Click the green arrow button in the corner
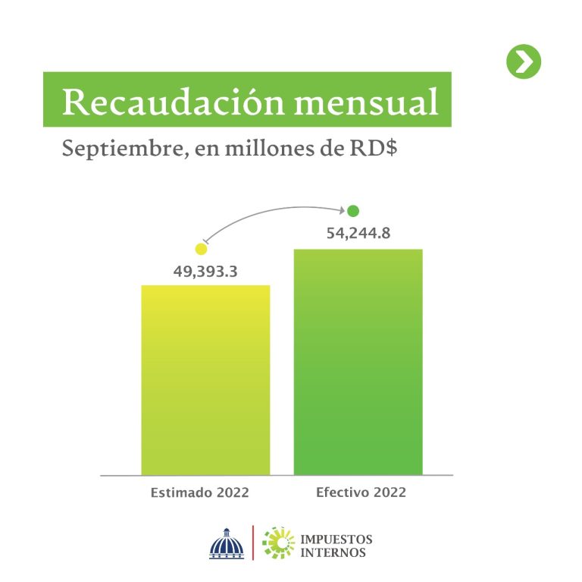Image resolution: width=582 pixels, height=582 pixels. pos(524,61)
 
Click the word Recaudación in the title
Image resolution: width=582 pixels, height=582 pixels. pos(174,102)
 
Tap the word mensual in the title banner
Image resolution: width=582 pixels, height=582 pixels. pos(366,102)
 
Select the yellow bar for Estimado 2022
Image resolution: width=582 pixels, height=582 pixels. pos(205,380)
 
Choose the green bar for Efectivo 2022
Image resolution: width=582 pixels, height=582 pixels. pos(358,362)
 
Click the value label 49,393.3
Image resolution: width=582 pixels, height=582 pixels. pos(205,272)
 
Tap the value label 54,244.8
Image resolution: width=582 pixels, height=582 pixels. pos(358,234)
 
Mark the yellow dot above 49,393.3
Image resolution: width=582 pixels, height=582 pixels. pos(201,249)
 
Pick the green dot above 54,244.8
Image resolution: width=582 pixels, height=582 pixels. pos(353,211)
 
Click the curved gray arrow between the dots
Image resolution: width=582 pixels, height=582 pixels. pos(268,212)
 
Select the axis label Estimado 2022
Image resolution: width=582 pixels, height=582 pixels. pos(200,492)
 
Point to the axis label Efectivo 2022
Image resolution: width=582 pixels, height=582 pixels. pos(361,492)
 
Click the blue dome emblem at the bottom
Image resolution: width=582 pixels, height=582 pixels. pos(227,544)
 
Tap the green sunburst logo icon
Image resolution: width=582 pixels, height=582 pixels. pos(278,543)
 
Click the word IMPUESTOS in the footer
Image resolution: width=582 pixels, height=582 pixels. pos(336,539)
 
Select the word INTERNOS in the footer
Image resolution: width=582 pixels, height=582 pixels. pos(333,552)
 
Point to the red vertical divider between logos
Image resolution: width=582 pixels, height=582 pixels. pos(253,543)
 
